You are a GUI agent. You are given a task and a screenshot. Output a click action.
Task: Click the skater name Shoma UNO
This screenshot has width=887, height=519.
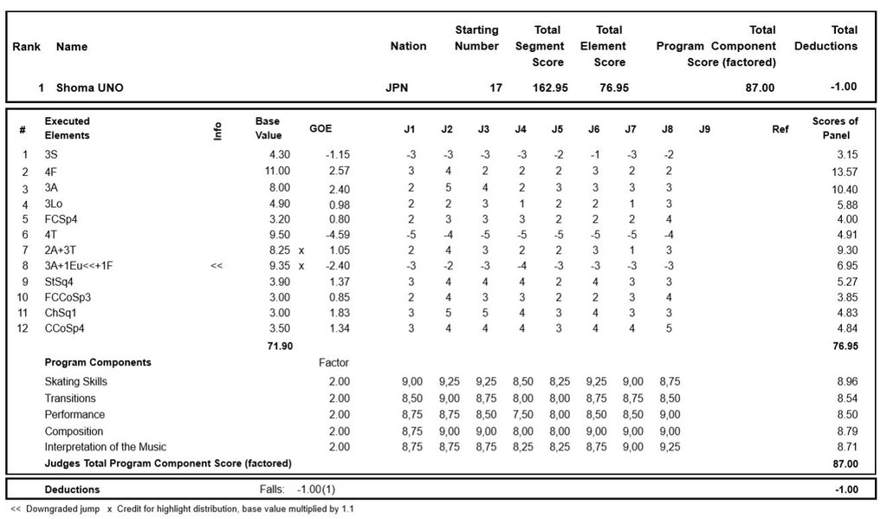coord(89,88)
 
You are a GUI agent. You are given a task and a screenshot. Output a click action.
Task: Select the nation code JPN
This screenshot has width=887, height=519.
coord(397,88)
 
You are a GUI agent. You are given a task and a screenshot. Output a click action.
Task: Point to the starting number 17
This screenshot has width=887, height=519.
coord(496,88)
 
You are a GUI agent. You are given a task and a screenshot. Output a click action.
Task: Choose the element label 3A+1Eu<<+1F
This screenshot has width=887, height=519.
coord(82,266)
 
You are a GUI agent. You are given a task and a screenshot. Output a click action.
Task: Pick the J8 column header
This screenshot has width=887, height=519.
coord(667,129)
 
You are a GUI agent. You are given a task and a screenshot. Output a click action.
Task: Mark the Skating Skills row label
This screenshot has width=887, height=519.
coord(76,381)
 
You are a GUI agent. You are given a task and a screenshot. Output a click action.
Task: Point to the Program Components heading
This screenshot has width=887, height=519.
coord(98,362)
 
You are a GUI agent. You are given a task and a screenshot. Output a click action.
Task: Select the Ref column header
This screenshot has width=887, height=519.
coord(780,129)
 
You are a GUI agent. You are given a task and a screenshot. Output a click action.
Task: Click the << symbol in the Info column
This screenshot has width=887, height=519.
coord(217,266)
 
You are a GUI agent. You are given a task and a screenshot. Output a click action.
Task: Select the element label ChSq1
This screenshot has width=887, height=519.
coord(59,313)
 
